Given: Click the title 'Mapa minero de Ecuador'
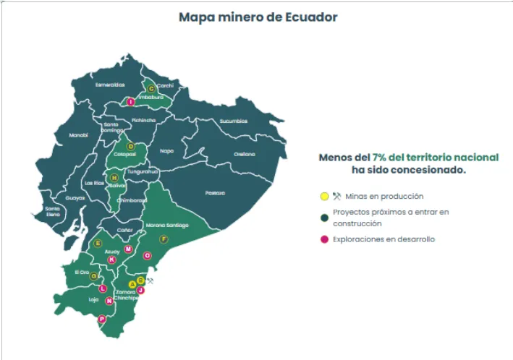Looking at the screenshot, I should tap(258, 17).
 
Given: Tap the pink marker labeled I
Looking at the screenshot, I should tap(130, 102).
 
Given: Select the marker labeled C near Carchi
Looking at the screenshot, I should tap(151, 88).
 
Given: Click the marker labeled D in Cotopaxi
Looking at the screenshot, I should tap(131, 146).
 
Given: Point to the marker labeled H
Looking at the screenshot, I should tap(113, 177).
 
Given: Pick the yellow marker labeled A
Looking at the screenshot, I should tap(132, 284).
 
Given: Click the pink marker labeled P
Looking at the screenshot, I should tap(102, 319).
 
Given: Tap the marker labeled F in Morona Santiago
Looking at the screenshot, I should tap(164, 239).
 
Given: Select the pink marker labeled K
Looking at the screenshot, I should tap(111, 260).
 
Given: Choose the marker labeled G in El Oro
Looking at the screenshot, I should tap(93, 275).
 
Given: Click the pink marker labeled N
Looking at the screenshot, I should tap(109, 301).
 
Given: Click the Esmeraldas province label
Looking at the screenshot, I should tap(111, 84).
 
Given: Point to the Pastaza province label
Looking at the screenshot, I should tap(215, 192).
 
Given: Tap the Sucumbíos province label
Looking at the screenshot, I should tap(233, 121).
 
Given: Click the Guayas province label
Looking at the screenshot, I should tap(75, 197).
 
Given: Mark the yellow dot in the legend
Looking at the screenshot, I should tap(325, 196).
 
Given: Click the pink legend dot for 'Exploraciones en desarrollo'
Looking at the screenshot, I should tap(325, 239).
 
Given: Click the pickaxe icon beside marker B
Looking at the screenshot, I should tap(150, 280).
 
